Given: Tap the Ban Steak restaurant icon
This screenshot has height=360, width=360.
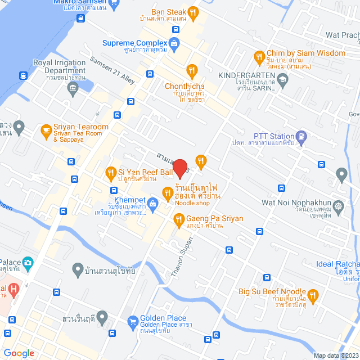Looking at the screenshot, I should [193, 12].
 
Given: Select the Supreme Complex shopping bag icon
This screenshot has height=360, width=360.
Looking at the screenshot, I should [174, 43].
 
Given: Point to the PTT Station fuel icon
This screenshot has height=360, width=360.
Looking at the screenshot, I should [302, 136].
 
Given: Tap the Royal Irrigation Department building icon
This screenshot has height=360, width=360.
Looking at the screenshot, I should [73, 87].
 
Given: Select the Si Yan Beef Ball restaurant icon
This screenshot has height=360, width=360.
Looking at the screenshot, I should [110, 172].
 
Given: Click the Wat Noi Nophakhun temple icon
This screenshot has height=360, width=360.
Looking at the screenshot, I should [338, 206].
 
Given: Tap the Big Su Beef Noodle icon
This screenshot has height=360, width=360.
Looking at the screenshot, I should [313, 295].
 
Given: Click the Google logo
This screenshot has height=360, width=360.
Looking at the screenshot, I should [19, 353].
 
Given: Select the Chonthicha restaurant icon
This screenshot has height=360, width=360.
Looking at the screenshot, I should [192, 70].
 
